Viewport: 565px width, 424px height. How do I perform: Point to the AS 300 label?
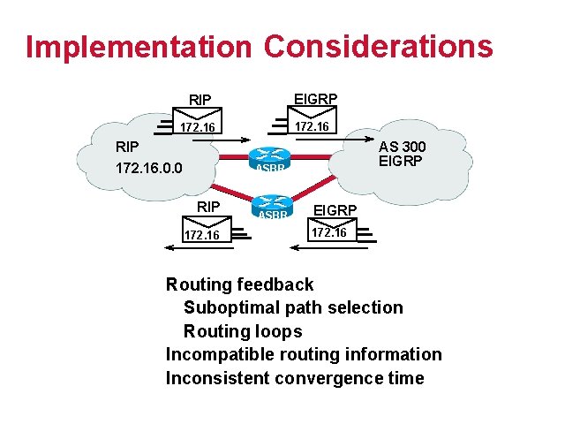pyautogui.click(x=403, y=146)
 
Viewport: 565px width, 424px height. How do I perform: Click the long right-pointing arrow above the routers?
pyautogui.click(x=265, y=140)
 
